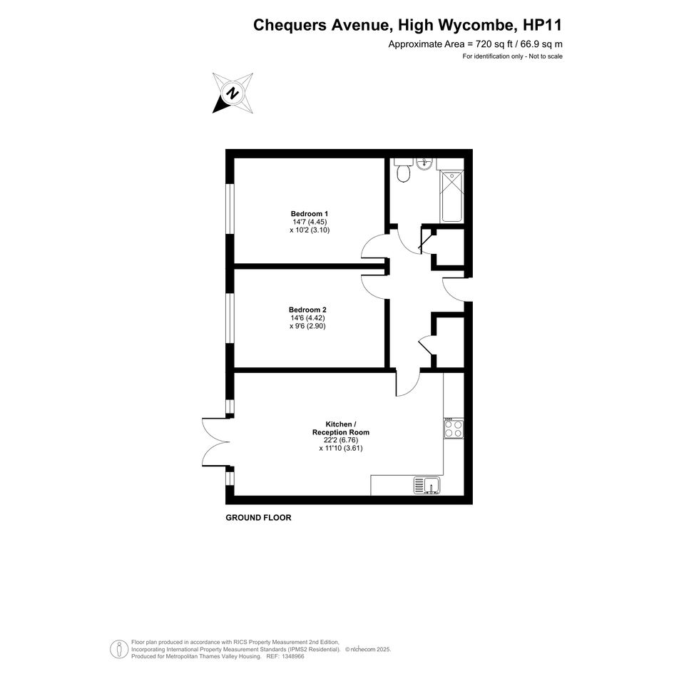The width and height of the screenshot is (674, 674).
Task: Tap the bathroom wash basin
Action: point(424,163)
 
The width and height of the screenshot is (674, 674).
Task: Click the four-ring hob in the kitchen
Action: point(454,428)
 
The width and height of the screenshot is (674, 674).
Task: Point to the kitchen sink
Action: point(427,485)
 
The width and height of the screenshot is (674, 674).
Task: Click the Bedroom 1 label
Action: point(310,214)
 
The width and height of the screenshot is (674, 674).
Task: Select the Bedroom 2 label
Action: point(308,310)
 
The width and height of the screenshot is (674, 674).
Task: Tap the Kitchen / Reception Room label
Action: point(341,428)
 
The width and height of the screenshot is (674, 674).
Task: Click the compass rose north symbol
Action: point(233,93)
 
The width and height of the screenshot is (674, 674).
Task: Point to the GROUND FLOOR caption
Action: point(258,518)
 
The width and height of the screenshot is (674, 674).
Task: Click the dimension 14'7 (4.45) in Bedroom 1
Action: point(310,222)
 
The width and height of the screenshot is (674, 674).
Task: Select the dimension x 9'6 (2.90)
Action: point(308,326)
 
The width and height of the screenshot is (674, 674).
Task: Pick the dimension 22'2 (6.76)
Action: point(341,440)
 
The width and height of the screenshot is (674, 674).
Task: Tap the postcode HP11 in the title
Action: point(542,25)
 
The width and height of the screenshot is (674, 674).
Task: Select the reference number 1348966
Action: point(292,656)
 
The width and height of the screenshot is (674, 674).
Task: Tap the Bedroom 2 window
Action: point(230,319)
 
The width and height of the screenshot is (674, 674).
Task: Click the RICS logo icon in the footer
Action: point(119,650)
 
